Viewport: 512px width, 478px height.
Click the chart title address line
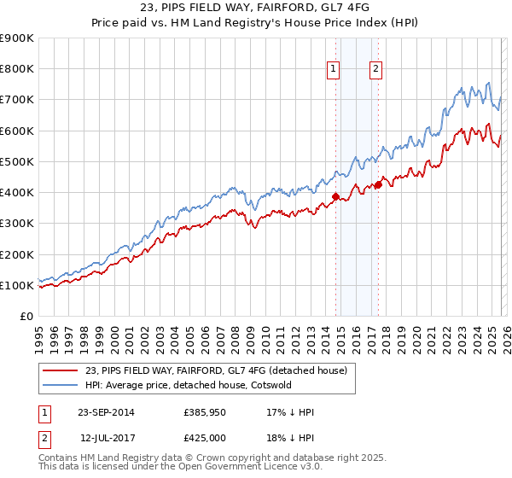click(256, 9)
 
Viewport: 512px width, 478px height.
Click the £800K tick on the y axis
click(17, 69)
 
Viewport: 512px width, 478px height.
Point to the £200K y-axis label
click(17, 254)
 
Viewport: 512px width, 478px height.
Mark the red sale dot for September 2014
click(335, 197)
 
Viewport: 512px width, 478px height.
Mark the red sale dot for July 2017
click(378, 185)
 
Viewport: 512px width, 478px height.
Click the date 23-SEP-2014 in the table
click(105, 412)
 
